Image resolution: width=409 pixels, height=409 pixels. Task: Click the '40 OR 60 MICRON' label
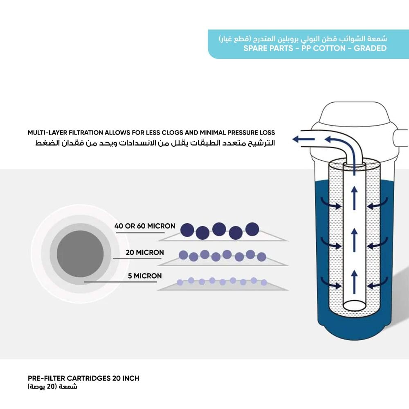pos(145,226)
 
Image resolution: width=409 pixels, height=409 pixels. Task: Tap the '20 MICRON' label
pos(145,252)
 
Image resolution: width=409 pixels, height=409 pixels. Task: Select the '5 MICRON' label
pos(145,276)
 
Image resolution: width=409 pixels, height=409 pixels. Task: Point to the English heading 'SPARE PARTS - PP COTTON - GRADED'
pos(315,48)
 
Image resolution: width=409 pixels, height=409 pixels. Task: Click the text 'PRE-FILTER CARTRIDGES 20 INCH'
pos(83,378)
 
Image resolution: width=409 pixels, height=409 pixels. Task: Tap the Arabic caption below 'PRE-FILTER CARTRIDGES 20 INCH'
pos(52,387)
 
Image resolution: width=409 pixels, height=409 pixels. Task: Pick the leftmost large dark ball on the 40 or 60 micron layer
pos(187,230)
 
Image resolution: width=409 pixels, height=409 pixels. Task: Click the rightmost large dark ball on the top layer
pos(252,229)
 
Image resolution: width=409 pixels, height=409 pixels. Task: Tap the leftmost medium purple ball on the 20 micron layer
pos(184,255)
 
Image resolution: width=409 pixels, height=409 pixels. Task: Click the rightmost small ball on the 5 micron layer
pos(264,282)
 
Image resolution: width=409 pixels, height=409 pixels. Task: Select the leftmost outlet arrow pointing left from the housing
pos(303,139)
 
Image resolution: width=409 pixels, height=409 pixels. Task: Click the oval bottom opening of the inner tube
pos(355,305)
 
